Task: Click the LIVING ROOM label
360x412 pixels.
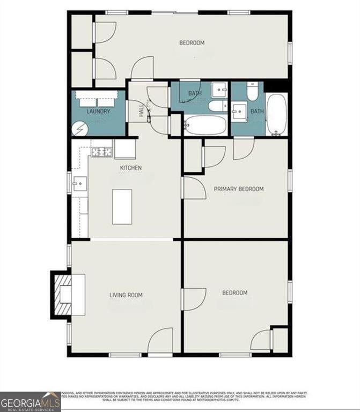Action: [126, 295]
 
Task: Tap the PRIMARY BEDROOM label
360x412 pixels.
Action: [239, 189]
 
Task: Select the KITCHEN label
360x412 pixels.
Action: [131, 168]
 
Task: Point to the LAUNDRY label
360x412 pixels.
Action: [98, 112]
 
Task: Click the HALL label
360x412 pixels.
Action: [142, 111]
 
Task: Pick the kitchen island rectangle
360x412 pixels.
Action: [122, 207]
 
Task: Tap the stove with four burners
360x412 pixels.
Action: [101, 152]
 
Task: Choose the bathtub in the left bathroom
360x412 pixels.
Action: [205, 126]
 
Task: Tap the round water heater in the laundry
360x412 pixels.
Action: [80, 129]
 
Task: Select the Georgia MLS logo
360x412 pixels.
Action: [30, 401]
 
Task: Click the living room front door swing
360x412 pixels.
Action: [160, 342]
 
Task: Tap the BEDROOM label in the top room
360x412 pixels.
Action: [192, 43]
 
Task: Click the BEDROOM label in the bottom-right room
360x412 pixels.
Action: [235, 292]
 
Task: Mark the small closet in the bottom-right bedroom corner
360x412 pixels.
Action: [280, 340]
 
